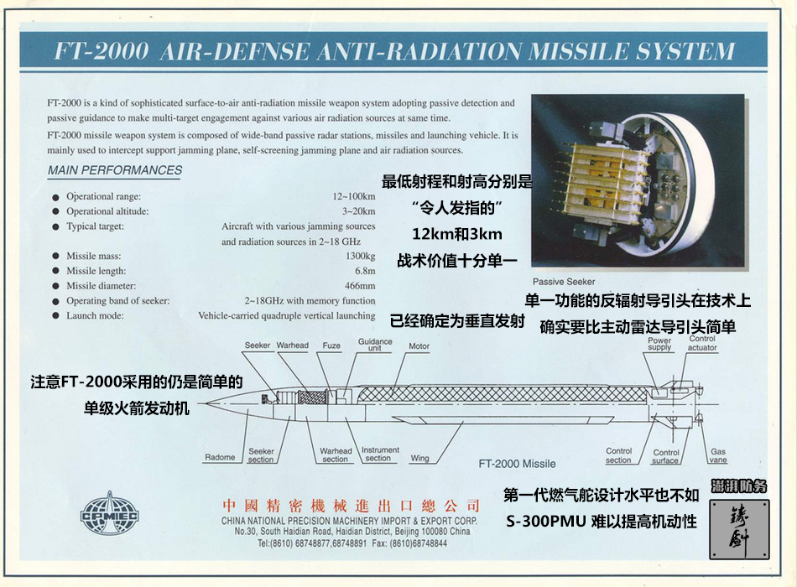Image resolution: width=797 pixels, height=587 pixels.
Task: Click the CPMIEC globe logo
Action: (109, 513)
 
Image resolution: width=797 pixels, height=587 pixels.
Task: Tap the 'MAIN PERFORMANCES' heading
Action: (115, 170)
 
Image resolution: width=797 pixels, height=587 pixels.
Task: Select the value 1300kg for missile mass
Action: (361, 256)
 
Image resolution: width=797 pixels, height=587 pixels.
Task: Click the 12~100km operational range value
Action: (354, 197)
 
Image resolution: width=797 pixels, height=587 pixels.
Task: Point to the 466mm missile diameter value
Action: (360, 286)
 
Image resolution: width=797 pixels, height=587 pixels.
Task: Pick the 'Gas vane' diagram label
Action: (718, 455)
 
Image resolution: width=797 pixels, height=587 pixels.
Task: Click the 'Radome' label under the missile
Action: (220, 457)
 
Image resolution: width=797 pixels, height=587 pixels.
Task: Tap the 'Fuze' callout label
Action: (331, 345)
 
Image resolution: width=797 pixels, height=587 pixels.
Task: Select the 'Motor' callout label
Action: (419, 346)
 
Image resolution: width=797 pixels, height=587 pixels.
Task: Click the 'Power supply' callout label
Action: (659, 344)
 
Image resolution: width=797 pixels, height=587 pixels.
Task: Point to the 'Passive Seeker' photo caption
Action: (564, 282)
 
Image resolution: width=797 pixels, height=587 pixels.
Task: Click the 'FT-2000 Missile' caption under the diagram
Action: (517, 464)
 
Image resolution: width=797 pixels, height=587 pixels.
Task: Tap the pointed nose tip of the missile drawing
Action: (206, 404)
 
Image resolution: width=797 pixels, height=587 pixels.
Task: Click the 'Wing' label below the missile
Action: (419, 458)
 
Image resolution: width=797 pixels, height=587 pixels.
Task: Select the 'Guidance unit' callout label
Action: (375, 345)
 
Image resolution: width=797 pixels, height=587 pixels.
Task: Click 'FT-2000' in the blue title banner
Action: (102, 51)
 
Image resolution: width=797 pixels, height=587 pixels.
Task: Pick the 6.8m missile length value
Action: (365, 271)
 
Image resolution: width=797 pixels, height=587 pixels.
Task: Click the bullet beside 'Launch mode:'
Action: (56, 315)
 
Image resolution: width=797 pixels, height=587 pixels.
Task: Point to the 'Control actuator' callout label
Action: (702, 343)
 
